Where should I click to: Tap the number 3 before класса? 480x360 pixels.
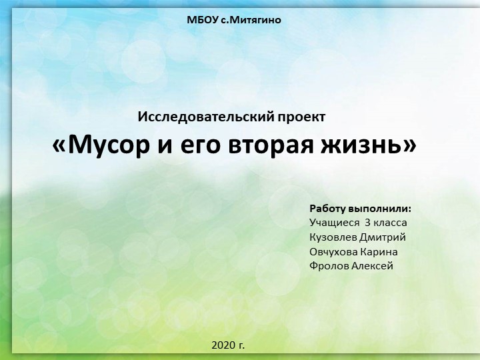[x=367, y=222]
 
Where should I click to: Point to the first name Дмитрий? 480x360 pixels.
[x=383, y=237]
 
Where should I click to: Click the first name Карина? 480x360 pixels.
[x=379, y=251]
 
